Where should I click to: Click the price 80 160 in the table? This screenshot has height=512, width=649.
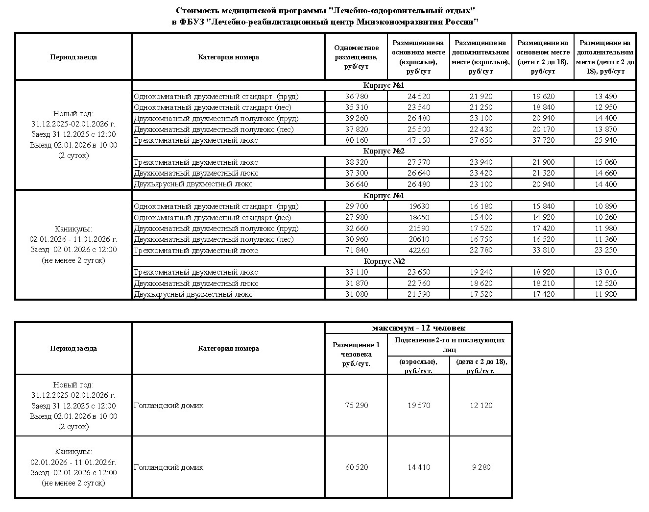point(356,140)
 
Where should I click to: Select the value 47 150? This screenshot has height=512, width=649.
point(419,140)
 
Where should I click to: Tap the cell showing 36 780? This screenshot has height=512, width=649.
point(356,97)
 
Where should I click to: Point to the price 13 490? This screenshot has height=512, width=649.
point(605,97)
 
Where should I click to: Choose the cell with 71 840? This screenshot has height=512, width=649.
point(356,251)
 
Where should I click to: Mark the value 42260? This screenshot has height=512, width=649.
point(419,251)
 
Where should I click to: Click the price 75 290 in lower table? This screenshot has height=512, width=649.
point(356,406)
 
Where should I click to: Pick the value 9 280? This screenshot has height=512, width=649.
point(481,467)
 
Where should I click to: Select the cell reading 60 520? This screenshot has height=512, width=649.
point(356,467)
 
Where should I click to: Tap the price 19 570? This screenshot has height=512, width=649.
point(419,406)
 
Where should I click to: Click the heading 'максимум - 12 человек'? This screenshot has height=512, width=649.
point(418,328)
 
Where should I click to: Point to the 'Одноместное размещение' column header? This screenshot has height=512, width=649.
point(356,57)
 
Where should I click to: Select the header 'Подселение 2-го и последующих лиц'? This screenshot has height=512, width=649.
point(450,345)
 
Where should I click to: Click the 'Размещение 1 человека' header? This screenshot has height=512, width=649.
point(356,354)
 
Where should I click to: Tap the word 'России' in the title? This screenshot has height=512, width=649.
point(461,22)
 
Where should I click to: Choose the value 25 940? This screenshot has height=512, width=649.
point(605,140)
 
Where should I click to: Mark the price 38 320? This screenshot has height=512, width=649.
point(356,162)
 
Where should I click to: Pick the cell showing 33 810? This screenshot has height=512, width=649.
point(543,251)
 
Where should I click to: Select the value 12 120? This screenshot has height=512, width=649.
point(481,406)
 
